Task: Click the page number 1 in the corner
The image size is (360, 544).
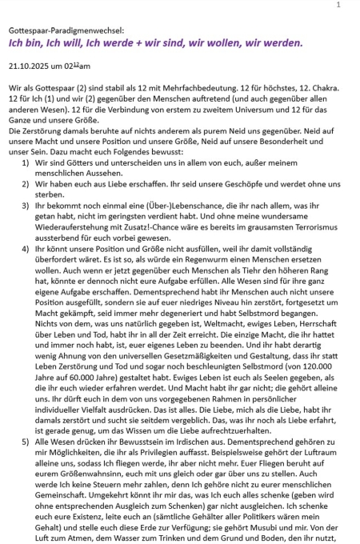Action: point(338,5)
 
